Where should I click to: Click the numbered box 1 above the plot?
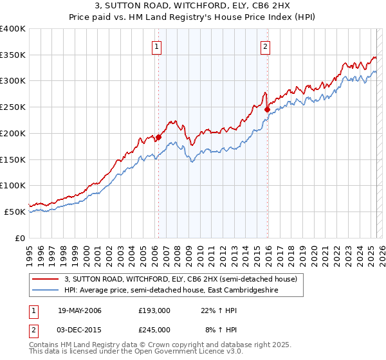pyautogui.click(x=157, y=46)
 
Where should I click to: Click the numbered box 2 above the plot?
pyautogui.click(x=266, y=46)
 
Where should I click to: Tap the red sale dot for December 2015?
pyautogui.click(x=267, y=110)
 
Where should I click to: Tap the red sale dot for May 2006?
pyautogui.click(x=158, y=137)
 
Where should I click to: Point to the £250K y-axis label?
pyautogui.click(x=13, y=107)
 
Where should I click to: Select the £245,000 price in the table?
pyautogui.click(x=154, y=330)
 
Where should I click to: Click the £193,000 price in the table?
pyautogui.click(x=154, y=311)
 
